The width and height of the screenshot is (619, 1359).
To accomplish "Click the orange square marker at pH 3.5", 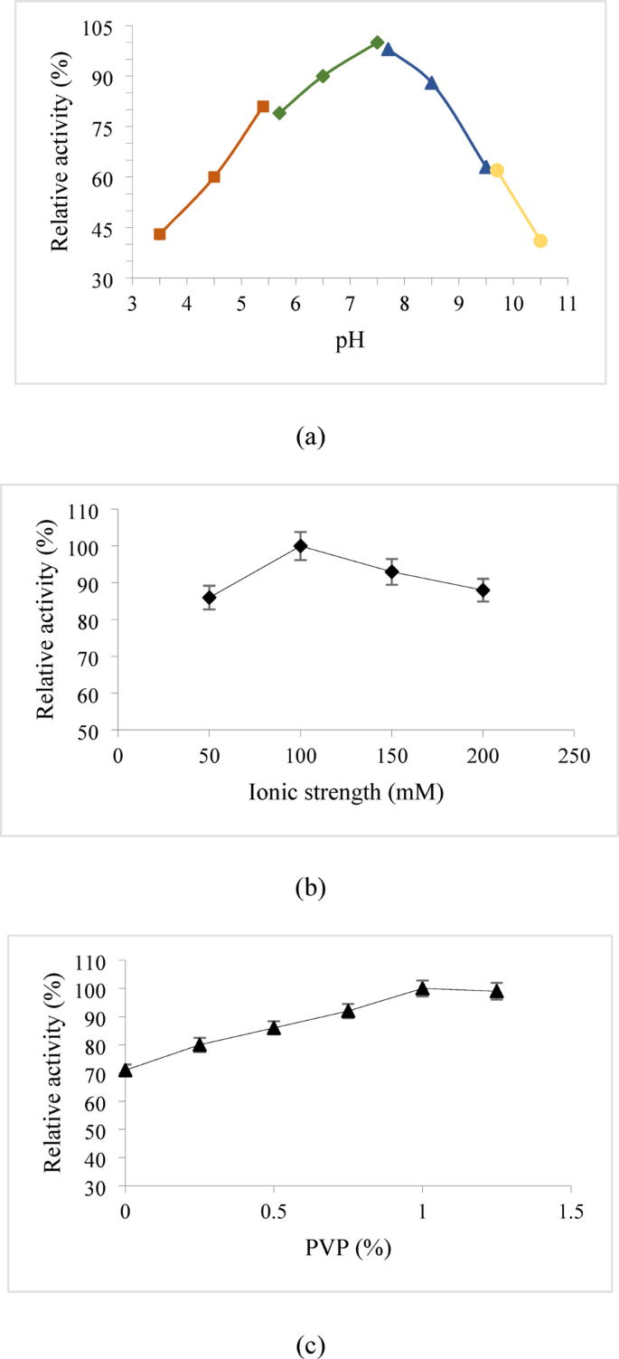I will pyautogui.click(x=160, y=234).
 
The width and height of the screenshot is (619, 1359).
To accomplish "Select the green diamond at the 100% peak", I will pyautogui.click(x=377, y=42).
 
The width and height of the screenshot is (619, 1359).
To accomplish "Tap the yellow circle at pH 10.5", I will pyautogui.click(x=540, y=241).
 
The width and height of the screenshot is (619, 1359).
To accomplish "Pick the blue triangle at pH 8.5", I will pyautogui.click(x=431, y=83).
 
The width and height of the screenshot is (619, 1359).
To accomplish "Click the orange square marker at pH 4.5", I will pyautogui.click(x=214, y=177).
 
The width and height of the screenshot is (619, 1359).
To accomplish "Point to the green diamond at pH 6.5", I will pyautogui.click(x=323, y=76).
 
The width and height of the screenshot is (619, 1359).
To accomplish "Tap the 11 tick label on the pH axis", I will pyautogui.click(x=567, y=304).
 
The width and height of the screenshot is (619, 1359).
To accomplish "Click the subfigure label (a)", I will pyautogui.click(x=310, y=438).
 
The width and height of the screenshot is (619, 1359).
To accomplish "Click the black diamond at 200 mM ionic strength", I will pyautogui.click(x=483, y=590).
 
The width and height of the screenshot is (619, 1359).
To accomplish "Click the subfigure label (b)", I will pyautogui.click(x=310, y=888).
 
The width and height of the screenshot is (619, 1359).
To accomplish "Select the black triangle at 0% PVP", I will pyautogui.click(x=126, y=1071).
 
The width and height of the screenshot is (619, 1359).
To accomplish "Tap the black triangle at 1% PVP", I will pyautogui.click(x=422, y=988).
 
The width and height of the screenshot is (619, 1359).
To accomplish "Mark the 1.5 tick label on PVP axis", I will pyautogui.click(x=570, y=1210).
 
